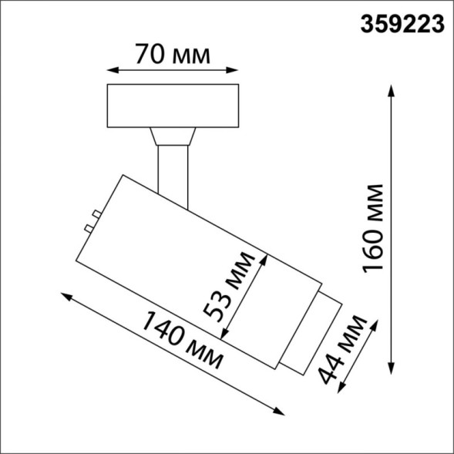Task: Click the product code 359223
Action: coord(402,25)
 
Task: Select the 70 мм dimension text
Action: coord(172,55)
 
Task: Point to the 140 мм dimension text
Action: coord(182,345)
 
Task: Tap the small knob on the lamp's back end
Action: coord(92,220)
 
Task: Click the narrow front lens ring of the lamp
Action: coord(309,334)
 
